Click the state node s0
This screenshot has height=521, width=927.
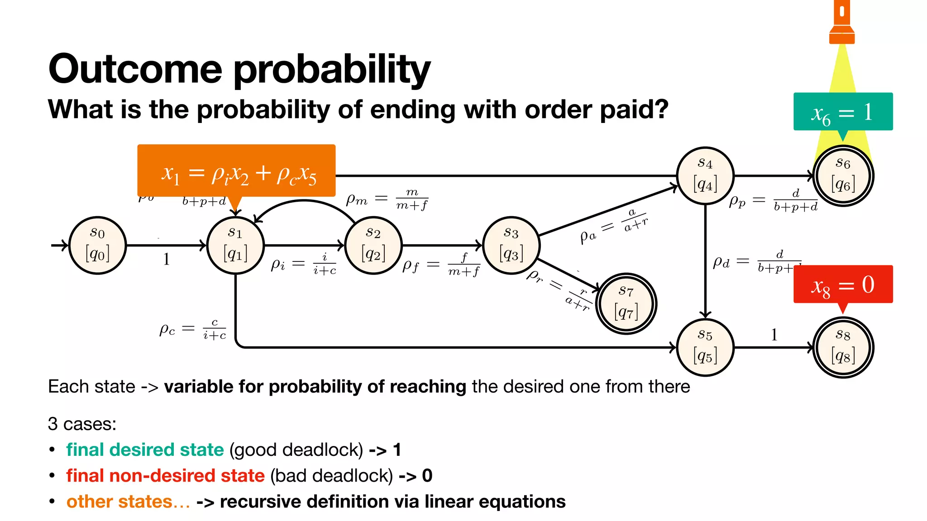pyautogui.click(x=97, y=246)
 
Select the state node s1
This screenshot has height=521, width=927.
pyautogui.click(x=235, y=246)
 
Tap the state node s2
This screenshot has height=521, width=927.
pyautogui.click(x=373, y=246)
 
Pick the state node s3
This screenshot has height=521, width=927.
pyautogui.click(x=511, y=246)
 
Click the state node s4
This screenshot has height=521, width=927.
pyautogui.click(x=705, y=175)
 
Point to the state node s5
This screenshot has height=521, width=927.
pyautogui.click(x=705, y=347)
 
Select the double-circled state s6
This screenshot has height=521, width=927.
pyautogui.click(x=843, y=175)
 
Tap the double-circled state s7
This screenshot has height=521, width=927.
pyautogui.click(x=626, y=303)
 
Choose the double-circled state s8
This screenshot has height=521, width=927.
pyautogui.click(x=843, y=347)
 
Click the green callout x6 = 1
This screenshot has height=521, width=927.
pyautogui.click(x=843, y=112)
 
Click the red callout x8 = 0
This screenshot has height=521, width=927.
pyautogui.click(x=843, y=284)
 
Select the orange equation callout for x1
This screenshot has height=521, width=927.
pyautogui.click(x=236, y=171)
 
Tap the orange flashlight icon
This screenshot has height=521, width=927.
pyautogui.click(x=842, y=23)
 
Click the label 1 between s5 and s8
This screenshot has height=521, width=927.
pyautogui.click(x=774, y=335)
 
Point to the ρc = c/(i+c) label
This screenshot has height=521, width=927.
pyautogui.click(x=192, y=329)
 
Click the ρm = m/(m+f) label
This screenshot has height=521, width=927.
pyautogui.click(x=387, y=199)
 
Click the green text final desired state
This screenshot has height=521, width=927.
pyautogui.click(x=145, y=450)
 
